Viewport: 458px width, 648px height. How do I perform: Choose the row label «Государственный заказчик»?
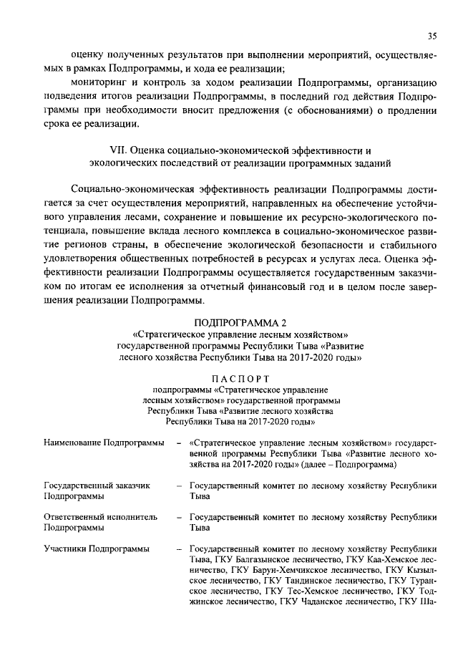click(97, 485)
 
